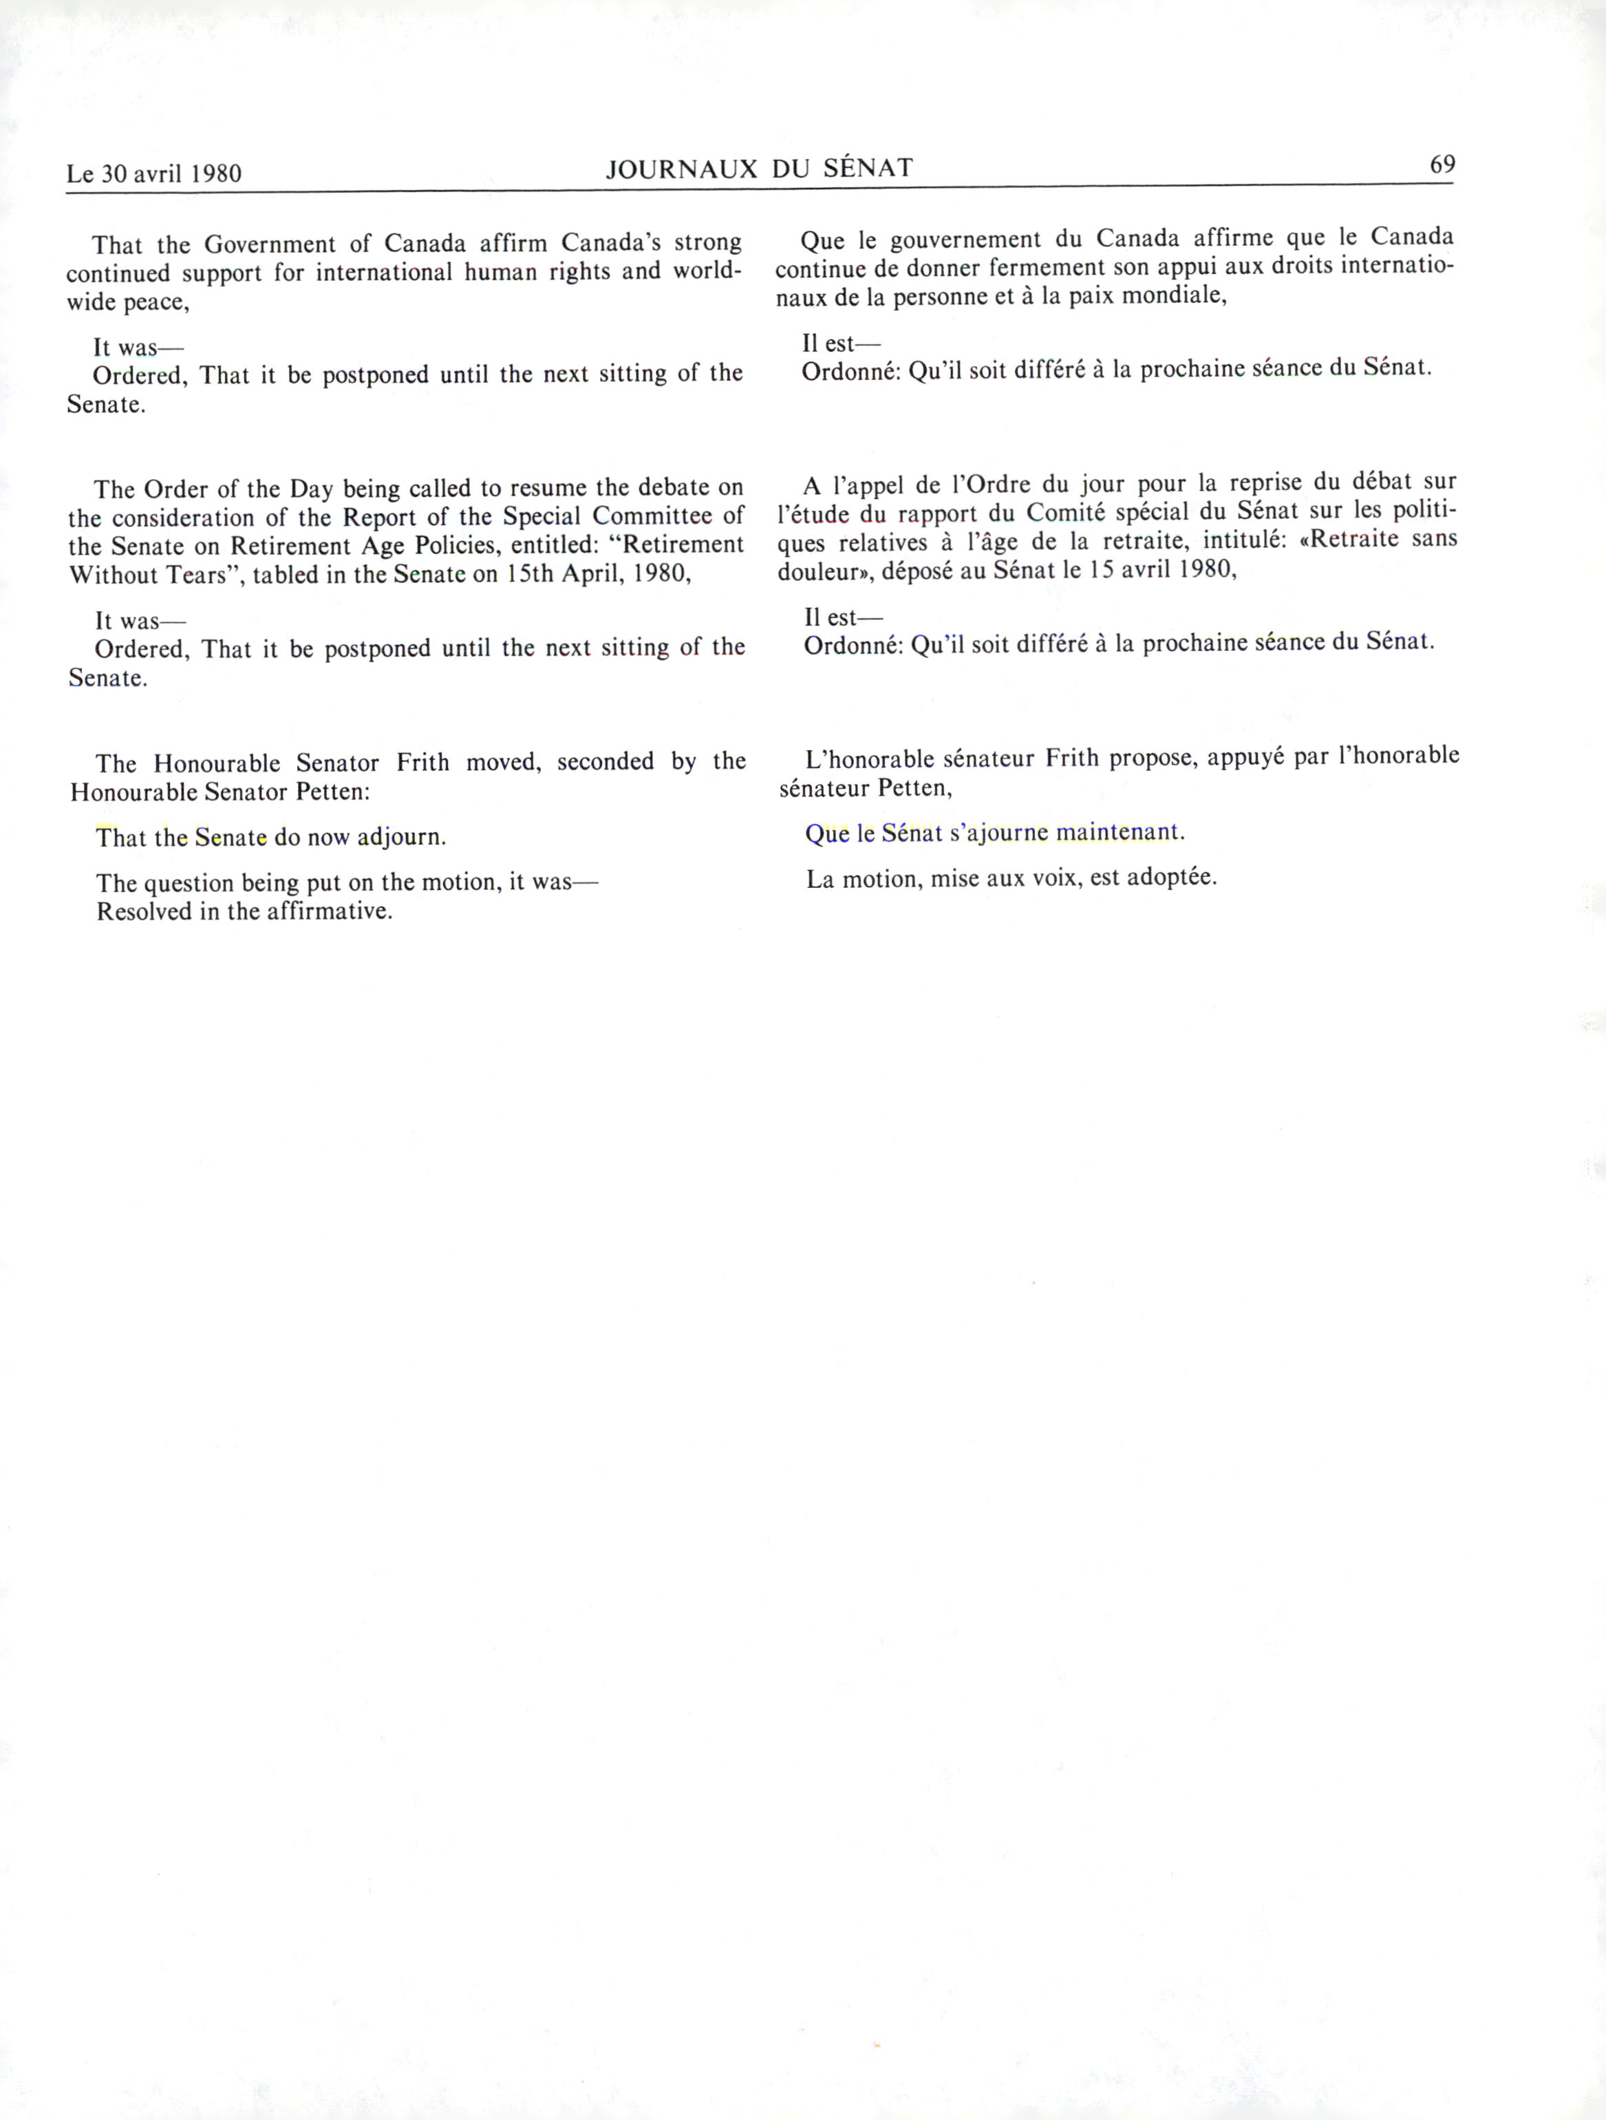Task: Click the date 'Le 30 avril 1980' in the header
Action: [x=153, y=173]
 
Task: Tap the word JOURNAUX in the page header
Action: [x=681, y=169]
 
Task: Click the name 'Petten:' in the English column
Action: [x=335, y=793]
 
